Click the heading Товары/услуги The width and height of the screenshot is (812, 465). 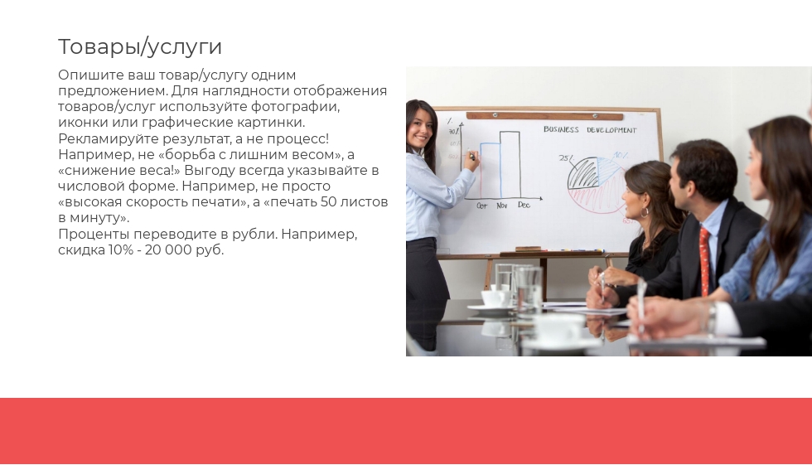pyautogui.click(x=140, y=46)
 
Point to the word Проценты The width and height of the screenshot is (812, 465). pyautogui.click(x=94, y=235)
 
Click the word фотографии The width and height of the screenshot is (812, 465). pyautogui.click(x=295, y=107)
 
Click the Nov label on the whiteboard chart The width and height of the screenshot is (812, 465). pyautogui.click(x=502, y=206)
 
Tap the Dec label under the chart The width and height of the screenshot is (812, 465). pyautogui.click(x=524, y=205)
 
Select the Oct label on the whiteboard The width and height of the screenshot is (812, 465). pyautogui.click(x=481, y=206)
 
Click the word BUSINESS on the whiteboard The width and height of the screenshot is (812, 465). pyautogui.click(x=561, y=129)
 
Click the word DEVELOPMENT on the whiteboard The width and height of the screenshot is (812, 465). pyautogui.click(x=611, y=130)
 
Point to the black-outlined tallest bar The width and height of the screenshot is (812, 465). pyautogui.click(x=510, y=165)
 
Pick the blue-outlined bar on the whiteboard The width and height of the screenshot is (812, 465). pyautogui.click(x=491, y=171)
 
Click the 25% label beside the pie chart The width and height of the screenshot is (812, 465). pyautogui.click(x=566, y=158)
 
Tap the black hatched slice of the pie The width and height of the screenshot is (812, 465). pyautogui.click(x=583, y=174)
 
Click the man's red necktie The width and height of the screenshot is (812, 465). pyautogui.click(x=704, y=261)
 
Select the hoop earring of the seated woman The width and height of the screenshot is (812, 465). pyautogui.click(x=645, y=212)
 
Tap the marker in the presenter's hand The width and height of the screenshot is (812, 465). pyautogui.click(x=471, y=154)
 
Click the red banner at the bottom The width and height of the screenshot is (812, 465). pyautogui.click(x=406, y=431)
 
